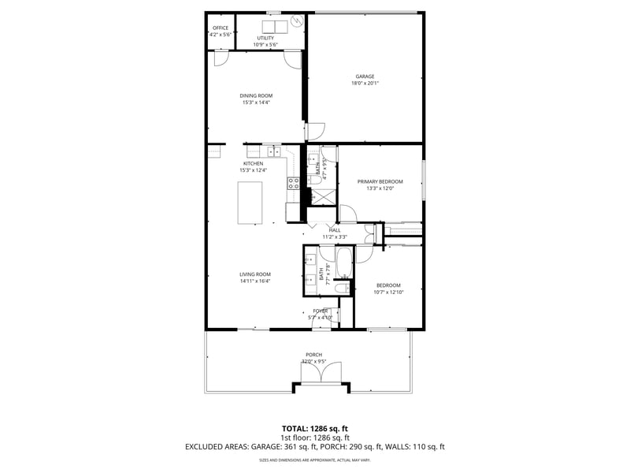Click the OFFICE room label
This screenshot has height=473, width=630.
click(x=220, y=28)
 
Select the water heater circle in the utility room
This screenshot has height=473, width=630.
click(x=298, y=21)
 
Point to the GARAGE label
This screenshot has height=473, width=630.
click(x=365, y=76)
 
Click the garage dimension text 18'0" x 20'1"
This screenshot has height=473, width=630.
click(x=365, y=84)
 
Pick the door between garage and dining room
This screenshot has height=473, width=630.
click(x=315, y=132)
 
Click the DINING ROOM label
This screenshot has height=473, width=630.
click(x=256, y=95)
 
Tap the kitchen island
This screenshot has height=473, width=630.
click(x=250, y=203)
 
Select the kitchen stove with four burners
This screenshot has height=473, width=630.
click(x=293, y=184)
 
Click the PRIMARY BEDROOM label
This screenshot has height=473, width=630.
click(x=380, y=181)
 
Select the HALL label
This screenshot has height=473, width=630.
click(x=335, y=230)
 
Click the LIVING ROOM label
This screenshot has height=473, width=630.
click(x=255, y=274)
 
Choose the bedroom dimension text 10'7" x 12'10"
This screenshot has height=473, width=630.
click(x=388, y=292)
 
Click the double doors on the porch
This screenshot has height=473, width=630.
click(x=320, y=373)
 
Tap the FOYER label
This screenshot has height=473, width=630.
click(x=321, y=311)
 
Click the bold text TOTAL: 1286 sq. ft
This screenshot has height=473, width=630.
click(x=314, y=428)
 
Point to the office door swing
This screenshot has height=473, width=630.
click(x=221, y=58)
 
